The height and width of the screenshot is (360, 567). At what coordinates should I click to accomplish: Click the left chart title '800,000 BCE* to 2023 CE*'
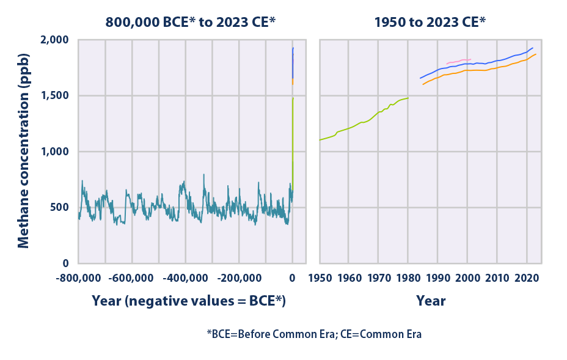pyautogui.click(x=190, y=22)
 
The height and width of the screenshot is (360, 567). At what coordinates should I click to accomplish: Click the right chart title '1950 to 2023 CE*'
pyautogui.click(x=431, y=22)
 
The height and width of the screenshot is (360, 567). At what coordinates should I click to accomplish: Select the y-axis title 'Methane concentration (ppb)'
pyautogui.click(x=23, y=151)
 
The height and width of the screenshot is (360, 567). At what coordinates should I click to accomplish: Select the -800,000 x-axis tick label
pyautogui.click(x=78, y=279)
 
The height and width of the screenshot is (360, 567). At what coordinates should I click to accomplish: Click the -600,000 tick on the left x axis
pyautogui.click(x=132, y=279)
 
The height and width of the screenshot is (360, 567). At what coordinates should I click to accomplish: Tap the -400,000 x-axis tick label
pyautogui.click(x=185, y=279)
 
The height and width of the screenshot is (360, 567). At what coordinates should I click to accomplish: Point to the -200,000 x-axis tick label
pyautogui.click(x=239, y=279)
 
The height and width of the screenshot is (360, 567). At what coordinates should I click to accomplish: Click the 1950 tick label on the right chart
pyautogui.click(x=320, y=279)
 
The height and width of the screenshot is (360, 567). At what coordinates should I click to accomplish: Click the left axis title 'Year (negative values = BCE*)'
pyautogui.click(x=189, y=301)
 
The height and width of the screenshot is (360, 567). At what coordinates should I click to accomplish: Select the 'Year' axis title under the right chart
pyautogui.click(x=431, y=301)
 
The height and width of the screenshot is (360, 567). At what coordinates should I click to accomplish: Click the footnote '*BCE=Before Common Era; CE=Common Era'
pyautogui.click(x=314, y=334)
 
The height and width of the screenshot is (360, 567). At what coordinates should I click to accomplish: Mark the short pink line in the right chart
pyautogui.click(x=458, y=61)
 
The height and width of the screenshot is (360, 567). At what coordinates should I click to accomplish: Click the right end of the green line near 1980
pyautogui.click(x=408, y=98)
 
